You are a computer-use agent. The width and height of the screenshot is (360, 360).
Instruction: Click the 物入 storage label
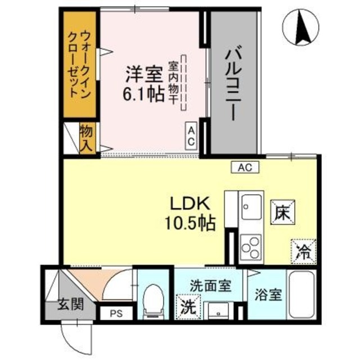[87, 138]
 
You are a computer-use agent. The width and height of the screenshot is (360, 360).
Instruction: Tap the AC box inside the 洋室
[191, 136]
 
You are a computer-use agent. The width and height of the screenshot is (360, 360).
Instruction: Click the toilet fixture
[154, 300]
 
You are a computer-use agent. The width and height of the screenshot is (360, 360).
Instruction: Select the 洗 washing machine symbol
[188, 307]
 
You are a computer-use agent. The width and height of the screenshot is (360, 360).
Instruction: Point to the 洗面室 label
[209, 286]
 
